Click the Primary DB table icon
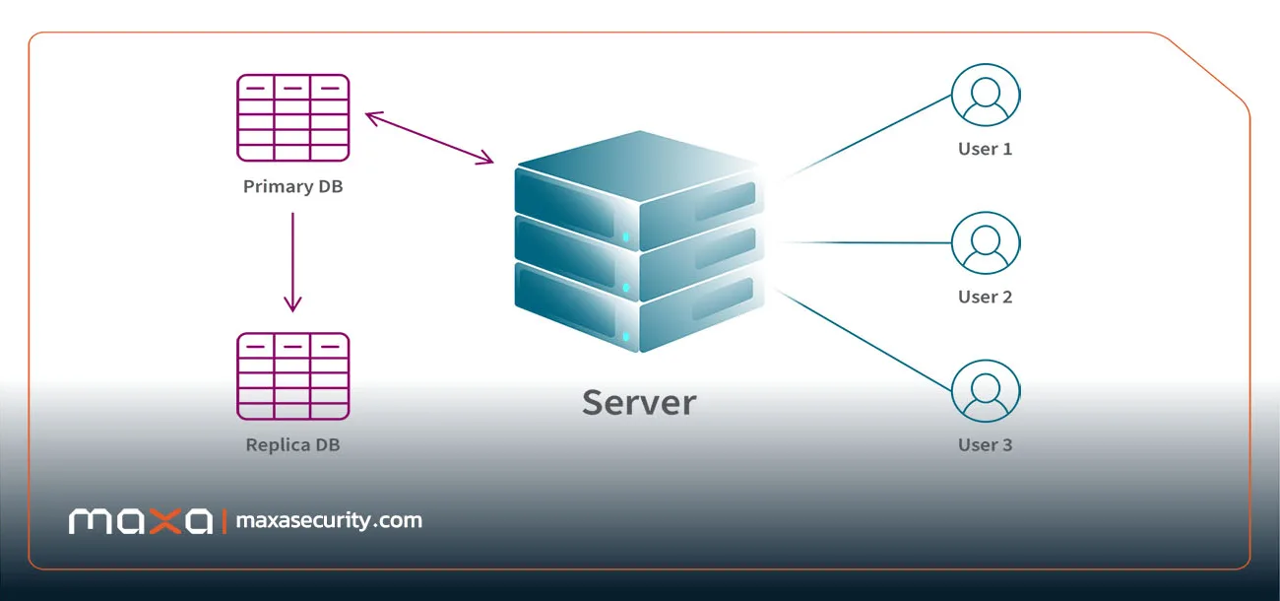pyautogui.click(x=293, y=118)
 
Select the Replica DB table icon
pyautogui.click(x=293, y=376)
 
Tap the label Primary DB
pyautogui.click(x=293, y=186)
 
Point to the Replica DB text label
pyautogui.click(x=293, y=445)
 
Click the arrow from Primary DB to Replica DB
pyautogui.click(x=292, y=262)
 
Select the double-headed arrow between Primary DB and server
pyautogui.click(x=429, y=138)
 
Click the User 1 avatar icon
pyautogui.click(x=986, y=95)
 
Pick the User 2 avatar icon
pyautogui.click(x=986, y=243)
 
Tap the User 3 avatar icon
pyautogui.click(x=986, y=391)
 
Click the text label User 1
pyautogui.click(x=986, y=149)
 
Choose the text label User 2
pyautogui.click(x=986, y=298)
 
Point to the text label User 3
pyautogui.click(x=986, y=445)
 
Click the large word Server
pyautogui.click(x=639, y=403)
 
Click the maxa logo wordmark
pyautogui.click(x=141, y=521)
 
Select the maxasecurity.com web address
pyautogui.click(x=329, y=521)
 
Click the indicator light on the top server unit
pyautogui.click(x=625, y=236)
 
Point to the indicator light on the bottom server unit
pyautogui.click(x=625, y=337)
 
